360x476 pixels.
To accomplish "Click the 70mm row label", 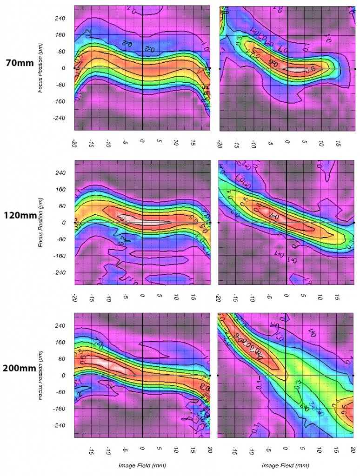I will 19,63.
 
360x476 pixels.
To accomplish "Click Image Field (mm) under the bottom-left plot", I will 142,465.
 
